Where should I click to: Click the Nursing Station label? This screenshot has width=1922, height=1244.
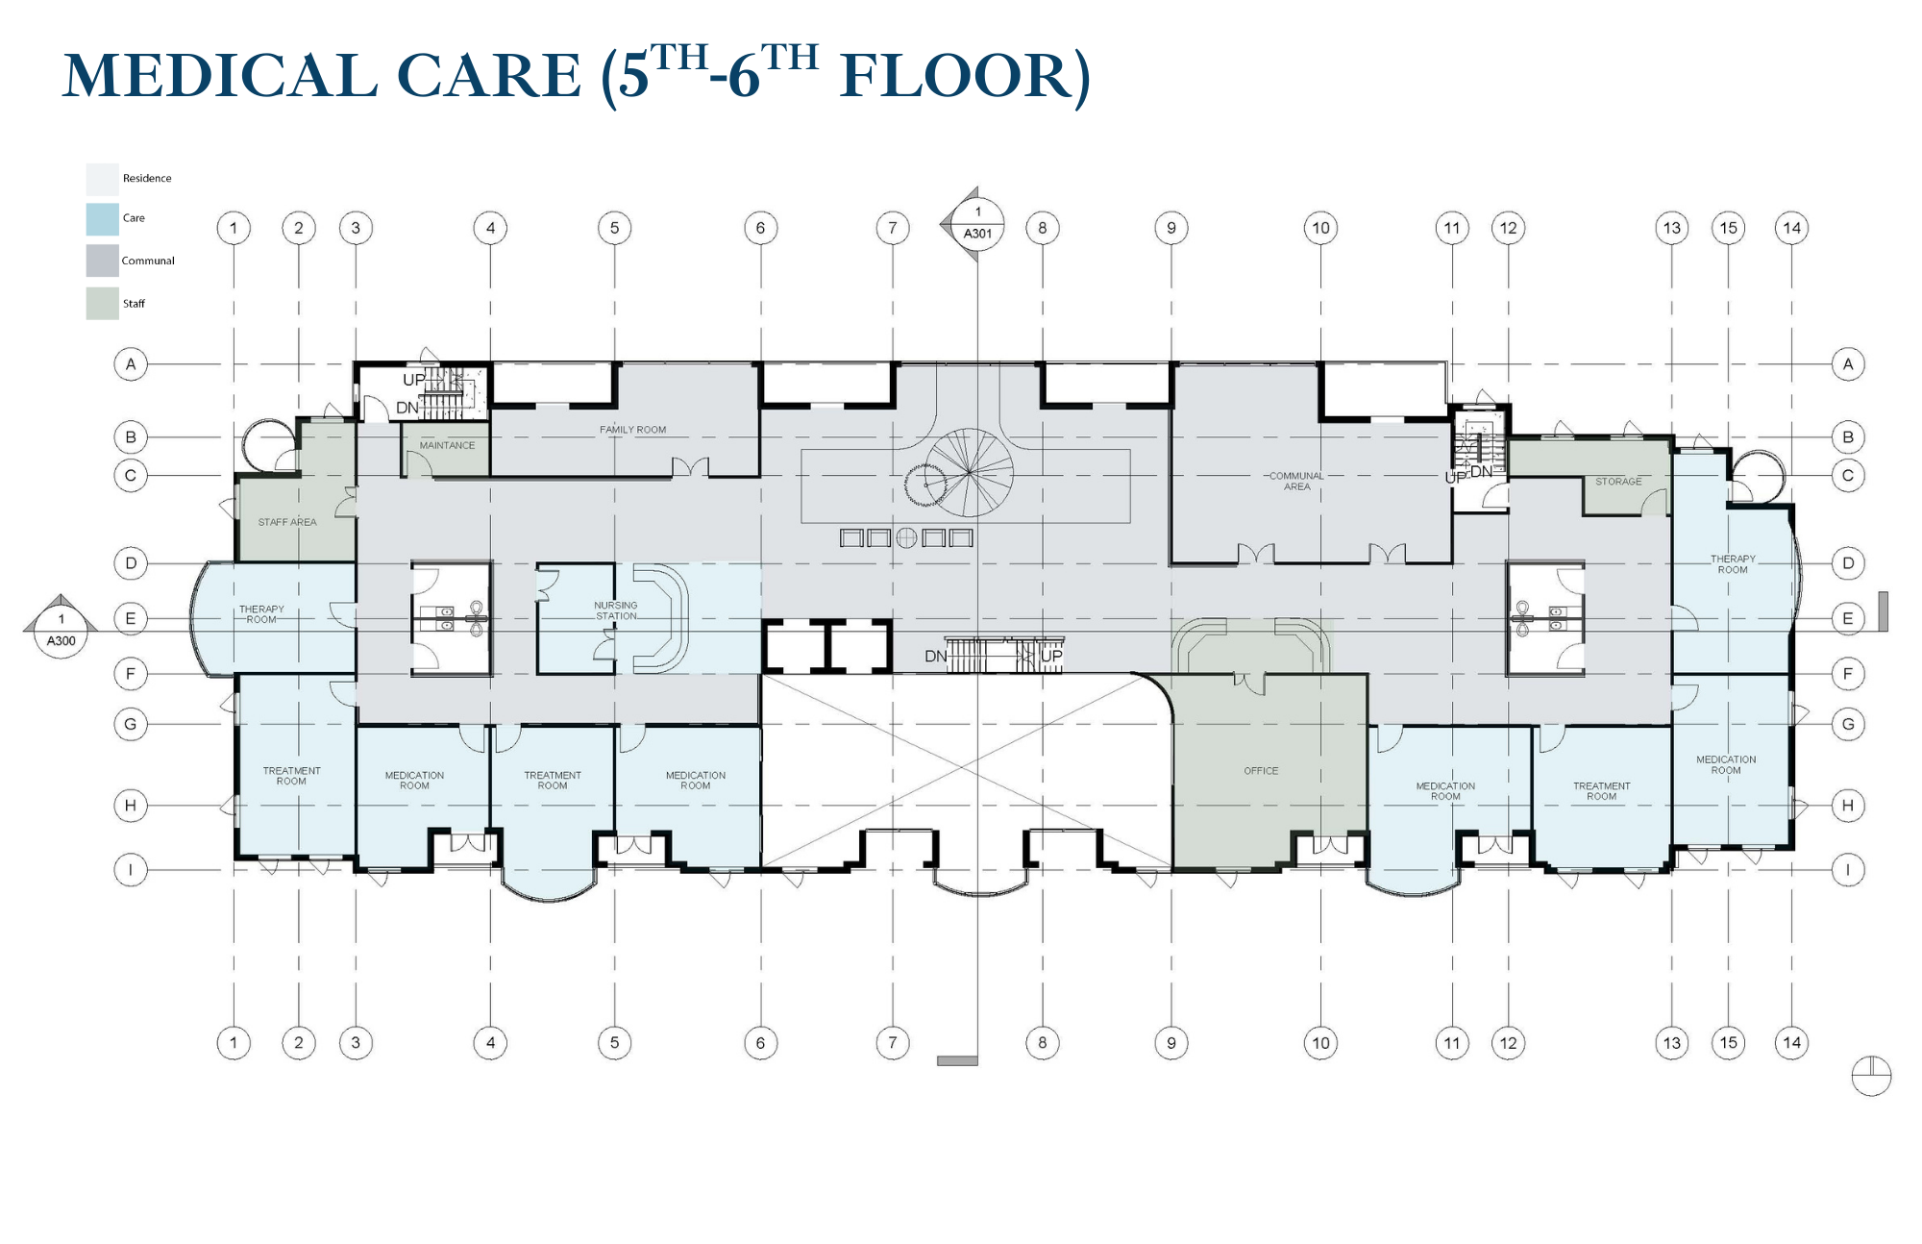[x=616, y=610]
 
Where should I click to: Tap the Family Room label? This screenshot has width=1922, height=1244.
[x=632, y=430]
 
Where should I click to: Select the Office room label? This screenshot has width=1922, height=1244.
[x=1261, y=771]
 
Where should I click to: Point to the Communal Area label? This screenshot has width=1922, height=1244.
[x=1296, y=481]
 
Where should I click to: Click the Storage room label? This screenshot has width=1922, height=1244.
[x=1618, y=482]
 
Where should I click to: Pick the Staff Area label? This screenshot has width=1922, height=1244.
[x=287, y=522]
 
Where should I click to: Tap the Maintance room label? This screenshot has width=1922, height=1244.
[x=447, y=445]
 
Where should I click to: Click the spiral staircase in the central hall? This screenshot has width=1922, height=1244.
[x=969, y=473]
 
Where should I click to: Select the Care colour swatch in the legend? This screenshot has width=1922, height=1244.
[x=102, y=219]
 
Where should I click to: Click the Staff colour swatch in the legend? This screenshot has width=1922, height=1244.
[x=102, y=304]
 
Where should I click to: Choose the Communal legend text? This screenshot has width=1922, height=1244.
[x=148, y=261]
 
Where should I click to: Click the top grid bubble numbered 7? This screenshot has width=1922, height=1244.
[x=893, y=228]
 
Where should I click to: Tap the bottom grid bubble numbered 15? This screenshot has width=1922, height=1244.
[x=1729, y=1043]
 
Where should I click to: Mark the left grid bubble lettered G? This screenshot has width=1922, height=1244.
[x=131, y=724]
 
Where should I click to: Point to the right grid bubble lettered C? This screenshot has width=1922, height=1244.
[x=1848, y=475]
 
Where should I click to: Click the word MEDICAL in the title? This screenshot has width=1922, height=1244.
[x=220, y=75]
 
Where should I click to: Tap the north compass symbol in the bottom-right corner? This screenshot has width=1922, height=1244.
[x=1871, y=1076]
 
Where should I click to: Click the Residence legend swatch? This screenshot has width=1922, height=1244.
[x=102, y=179]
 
